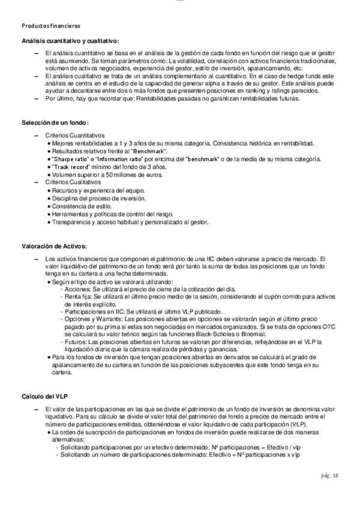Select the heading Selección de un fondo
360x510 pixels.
point(55,123)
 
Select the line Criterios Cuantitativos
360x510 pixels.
point(75,135)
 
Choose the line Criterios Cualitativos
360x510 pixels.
point(72,182)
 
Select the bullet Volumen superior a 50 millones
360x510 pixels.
point(103,174)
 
